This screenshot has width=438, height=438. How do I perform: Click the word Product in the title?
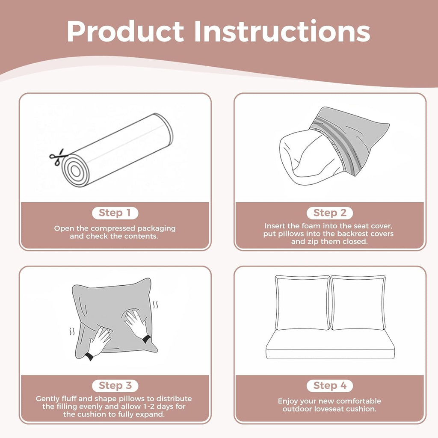[x=125, y=31]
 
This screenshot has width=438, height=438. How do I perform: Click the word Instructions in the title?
[x=282, y=31]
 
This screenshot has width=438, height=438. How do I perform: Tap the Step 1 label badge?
[x=115, y=213]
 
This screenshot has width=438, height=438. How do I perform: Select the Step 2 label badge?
[x=330, y=213]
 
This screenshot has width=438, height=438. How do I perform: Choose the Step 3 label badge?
[x=115, y=386]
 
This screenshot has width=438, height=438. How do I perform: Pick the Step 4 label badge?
[x=330, y=386]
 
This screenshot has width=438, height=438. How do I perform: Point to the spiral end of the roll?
[x=75, y=171]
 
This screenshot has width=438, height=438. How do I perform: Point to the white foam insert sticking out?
[x=310, y=158]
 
